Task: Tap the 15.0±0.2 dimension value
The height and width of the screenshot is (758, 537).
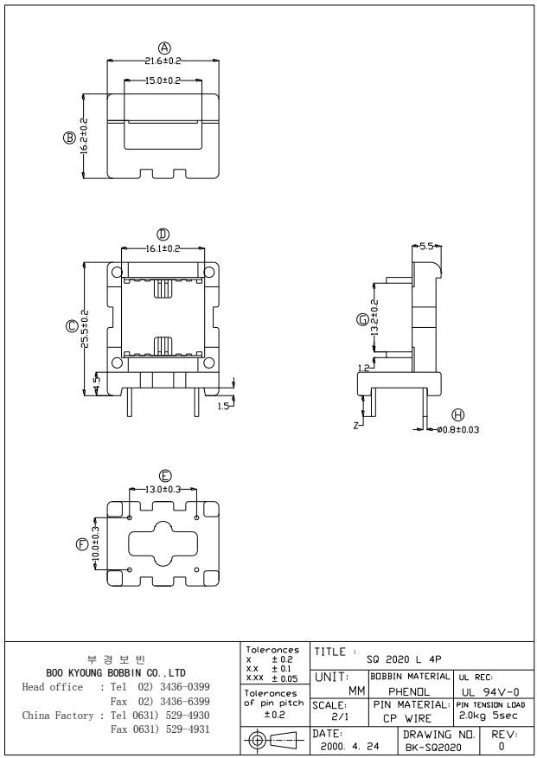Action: point(162,80)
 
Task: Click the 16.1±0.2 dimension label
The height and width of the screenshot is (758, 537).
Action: point(162,248)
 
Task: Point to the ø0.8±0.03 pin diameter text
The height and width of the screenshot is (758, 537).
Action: point(458,429)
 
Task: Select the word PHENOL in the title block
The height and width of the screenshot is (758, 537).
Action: point(405,692)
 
